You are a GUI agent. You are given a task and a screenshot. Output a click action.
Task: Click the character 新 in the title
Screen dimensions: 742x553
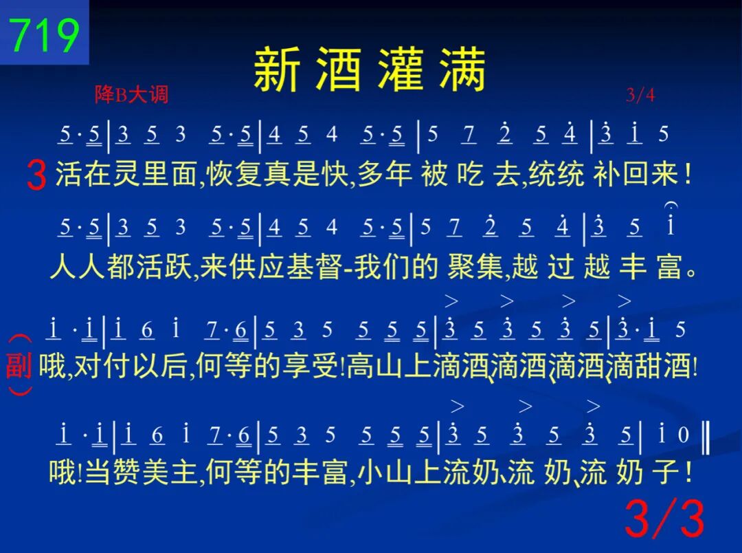tap(277, 69)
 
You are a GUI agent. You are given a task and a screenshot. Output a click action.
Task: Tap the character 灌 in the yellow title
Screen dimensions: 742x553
tap(401, 69)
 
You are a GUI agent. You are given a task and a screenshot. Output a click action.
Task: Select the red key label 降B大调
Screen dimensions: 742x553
tap(131, 94)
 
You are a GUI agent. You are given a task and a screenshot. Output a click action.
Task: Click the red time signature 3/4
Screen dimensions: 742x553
tap(640, 95)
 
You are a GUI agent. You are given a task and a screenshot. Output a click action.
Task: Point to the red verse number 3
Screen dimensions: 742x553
tap(36, 175)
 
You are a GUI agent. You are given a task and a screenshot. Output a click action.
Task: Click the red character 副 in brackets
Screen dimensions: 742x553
tap(19, 366)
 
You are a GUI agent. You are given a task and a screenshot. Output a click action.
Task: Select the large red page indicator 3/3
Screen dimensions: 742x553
tap(665, 518)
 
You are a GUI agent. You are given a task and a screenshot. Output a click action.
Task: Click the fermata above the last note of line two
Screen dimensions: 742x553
tap(671, 206)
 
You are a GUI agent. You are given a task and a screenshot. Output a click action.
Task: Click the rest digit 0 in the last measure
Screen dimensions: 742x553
tap(683, 435)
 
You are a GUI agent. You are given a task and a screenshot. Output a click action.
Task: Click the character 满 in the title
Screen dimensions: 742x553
tap(462, 69)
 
